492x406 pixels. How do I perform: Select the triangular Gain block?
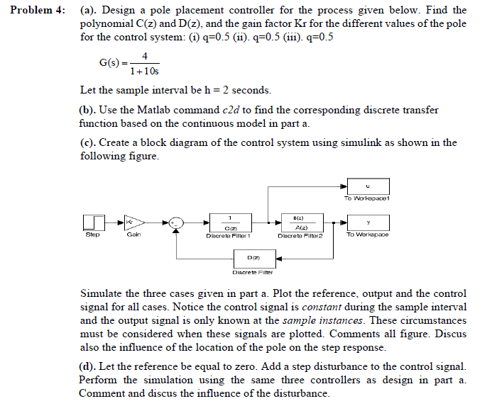click(x=135, y=222)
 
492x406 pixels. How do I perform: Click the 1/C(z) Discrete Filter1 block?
click(x=229, y=222)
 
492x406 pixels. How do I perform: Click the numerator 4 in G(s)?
click(x=144, y=56)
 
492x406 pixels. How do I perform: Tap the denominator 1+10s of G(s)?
click(x=144, y=71)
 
